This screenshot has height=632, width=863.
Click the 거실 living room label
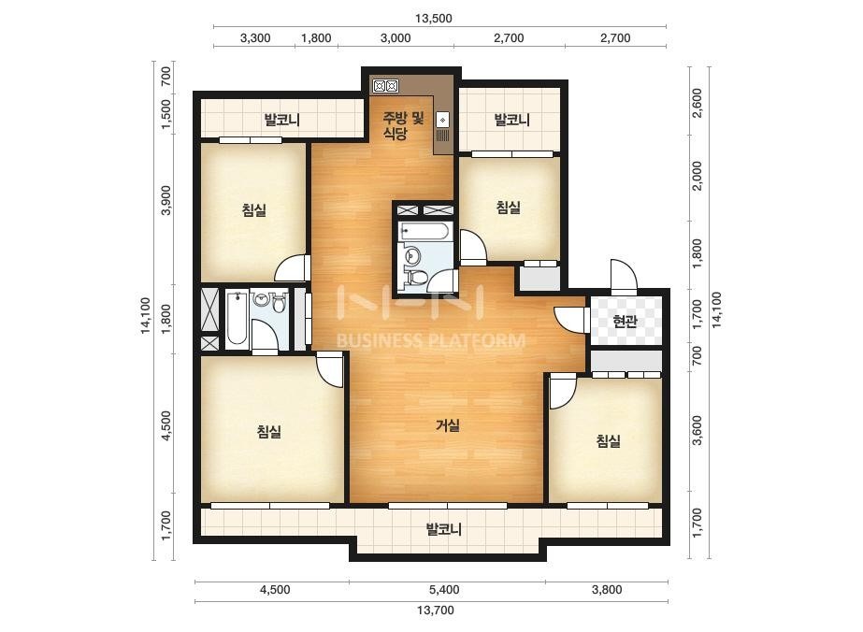[448, 425]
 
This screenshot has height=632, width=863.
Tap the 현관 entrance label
[625, 321]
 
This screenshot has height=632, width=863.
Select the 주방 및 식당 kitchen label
[403, 125]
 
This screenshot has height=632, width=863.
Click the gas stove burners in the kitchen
[385, 86]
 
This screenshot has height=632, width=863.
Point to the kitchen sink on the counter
[442, 120]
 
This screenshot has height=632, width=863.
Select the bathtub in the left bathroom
[237, 319]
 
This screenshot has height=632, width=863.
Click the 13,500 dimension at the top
[434, 18]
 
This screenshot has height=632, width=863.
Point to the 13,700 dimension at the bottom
[435, 610]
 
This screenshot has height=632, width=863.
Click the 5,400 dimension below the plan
[444, 590]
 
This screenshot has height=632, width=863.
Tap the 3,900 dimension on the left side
[166, 200]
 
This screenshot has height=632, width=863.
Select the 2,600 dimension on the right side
[698, 103]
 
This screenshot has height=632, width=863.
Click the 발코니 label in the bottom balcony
[443, 529]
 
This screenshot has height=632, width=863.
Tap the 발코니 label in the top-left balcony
[281, 120]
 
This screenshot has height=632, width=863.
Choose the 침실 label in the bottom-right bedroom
[608, 441]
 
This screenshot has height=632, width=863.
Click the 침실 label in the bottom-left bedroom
[269, 431]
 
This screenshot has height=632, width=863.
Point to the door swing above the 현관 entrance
[623, 275]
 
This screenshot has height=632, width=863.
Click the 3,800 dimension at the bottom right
[607, 590]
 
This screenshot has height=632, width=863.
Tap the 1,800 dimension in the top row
[316, 38]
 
